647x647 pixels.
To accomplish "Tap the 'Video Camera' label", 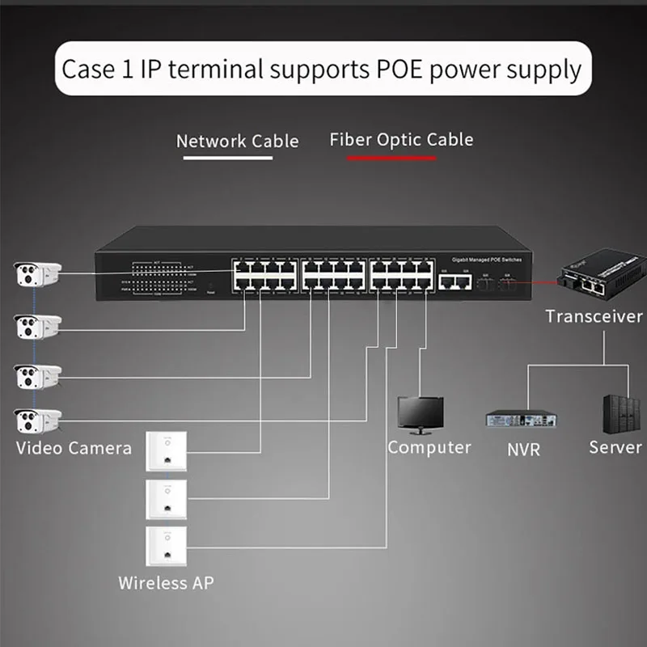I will pos(74,447).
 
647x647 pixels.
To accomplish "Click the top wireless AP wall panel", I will pos(166,452).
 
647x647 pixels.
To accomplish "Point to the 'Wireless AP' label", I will pos(166,582).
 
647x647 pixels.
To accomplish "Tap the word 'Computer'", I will pos(429,447).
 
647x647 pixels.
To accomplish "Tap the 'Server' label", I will pos(615,447).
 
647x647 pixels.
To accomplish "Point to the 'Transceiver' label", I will pos(594,316).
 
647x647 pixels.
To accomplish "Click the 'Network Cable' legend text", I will pos(237,141).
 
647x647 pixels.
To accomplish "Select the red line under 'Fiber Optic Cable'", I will pos(391,158).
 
